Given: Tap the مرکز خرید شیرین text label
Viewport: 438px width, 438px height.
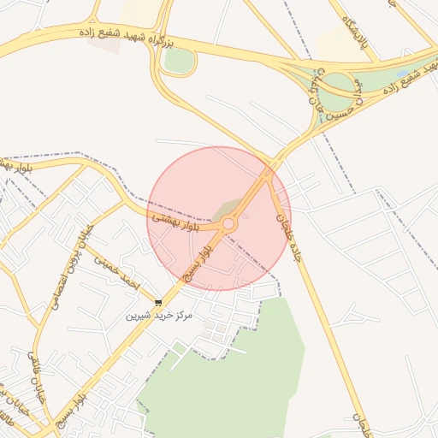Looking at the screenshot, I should [x=160, y=316].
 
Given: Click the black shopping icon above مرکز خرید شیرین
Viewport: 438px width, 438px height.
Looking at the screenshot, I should [x=158, y=302].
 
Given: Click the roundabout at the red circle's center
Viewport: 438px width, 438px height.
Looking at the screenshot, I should [x=228, y=224].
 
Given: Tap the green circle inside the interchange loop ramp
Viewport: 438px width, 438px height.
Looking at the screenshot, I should [x=337, y=85].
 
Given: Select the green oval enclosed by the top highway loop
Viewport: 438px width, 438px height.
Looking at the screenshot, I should [x=179, y=60].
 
